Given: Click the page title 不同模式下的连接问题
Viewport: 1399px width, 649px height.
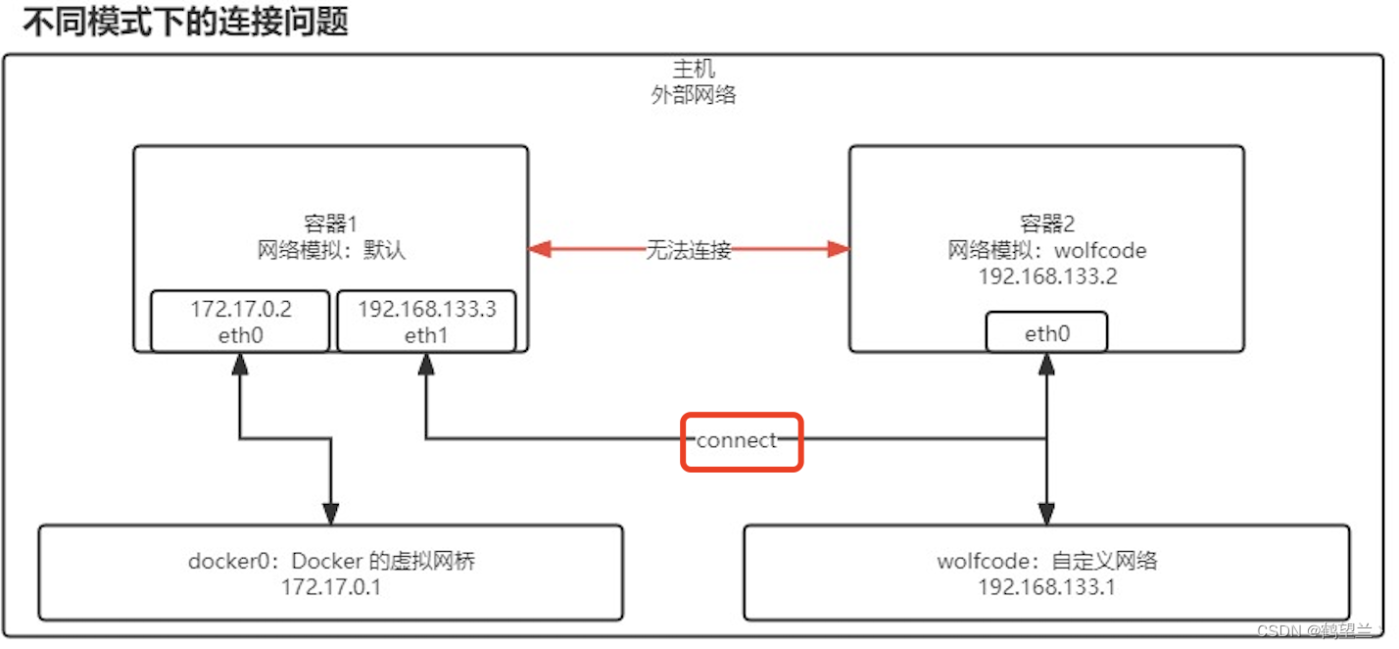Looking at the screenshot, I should (x=185, y=22).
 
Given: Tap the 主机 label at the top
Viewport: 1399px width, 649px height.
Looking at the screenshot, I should (x=694, y=70).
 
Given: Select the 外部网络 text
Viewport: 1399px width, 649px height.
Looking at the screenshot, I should (x=694, y=95).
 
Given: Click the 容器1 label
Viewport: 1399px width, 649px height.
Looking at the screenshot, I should (x=330, y=224).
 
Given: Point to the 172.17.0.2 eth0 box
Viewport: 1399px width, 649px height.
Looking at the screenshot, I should (x=240, y=322).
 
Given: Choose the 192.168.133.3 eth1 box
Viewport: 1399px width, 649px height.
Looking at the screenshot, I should (x=426, y=322).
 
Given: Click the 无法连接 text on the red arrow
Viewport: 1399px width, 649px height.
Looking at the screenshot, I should (x=689, y=250).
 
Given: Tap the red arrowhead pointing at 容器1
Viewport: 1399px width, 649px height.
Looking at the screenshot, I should (x=540, y=250).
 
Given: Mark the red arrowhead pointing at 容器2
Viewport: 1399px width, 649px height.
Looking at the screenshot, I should (x=838, y=250).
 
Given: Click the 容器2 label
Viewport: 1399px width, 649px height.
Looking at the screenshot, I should (x=1047, y=224).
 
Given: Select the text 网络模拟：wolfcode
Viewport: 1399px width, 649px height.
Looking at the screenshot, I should (x=1047, y=250).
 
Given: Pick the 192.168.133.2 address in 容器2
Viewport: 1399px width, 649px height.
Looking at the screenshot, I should (x=1047, y=276).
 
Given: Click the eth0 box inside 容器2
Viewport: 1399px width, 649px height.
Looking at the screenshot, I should (x=1047, y=333).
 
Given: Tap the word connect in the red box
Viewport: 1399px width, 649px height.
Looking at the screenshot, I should (x=737, y=441).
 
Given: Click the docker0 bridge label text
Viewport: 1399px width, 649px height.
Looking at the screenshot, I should (x=331, y=562).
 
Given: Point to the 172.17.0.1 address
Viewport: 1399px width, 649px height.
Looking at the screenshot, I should (x=331, y=588).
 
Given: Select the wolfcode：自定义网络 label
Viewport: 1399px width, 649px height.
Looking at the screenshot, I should (x=1047, y=562).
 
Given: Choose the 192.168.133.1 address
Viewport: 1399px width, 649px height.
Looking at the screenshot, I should (x=1047, y=588).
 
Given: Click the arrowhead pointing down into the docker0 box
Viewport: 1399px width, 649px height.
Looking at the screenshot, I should (x=331, y=514).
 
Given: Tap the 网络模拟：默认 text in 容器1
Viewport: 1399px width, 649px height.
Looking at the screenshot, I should (x=330, y=250).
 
